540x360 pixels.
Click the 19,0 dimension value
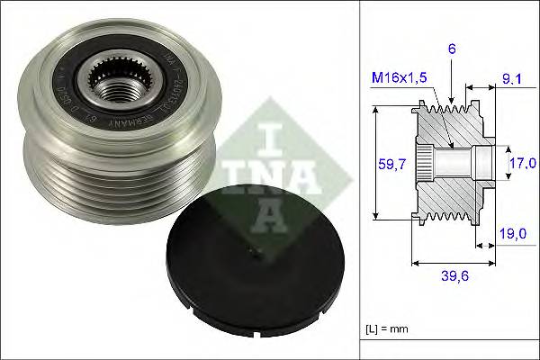512,232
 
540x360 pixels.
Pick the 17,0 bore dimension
522,163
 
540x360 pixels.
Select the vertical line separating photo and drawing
360,180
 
